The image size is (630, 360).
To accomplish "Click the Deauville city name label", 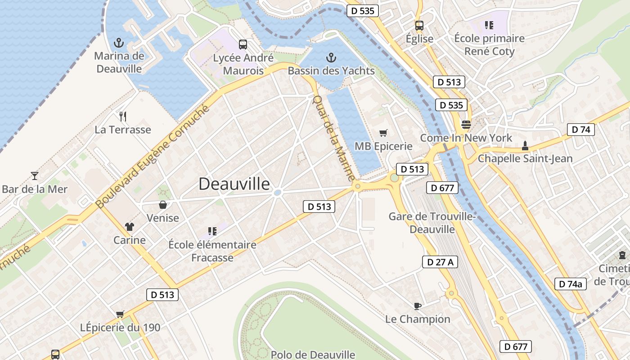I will pos(234,184).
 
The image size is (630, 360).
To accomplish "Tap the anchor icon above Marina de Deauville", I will pos(119,43).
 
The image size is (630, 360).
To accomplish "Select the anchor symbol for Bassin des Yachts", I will pos(331,58).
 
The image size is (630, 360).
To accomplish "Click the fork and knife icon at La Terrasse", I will pos(123,117).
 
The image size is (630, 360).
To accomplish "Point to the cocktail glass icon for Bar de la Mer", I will pos(35,176).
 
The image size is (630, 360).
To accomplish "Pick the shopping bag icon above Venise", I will pos(163,205).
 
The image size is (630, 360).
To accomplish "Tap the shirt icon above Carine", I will pos(130,227).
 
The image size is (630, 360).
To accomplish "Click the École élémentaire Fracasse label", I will pos(212,251).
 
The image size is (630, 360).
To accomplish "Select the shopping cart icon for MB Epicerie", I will pos(383,133).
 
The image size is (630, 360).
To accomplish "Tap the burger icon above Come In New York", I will pos(466,125).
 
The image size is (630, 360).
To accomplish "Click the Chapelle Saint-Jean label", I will pos(525,158).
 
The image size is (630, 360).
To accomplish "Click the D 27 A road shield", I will pos(440,262).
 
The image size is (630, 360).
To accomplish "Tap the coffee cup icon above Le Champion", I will pos(418,306).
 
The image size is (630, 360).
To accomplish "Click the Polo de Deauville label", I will pos(313,355).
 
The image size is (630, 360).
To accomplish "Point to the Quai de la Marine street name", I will pos(333,138).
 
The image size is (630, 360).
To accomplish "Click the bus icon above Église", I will pos(419,26).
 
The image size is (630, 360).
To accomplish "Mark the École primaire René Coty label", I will pos(489,45).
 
